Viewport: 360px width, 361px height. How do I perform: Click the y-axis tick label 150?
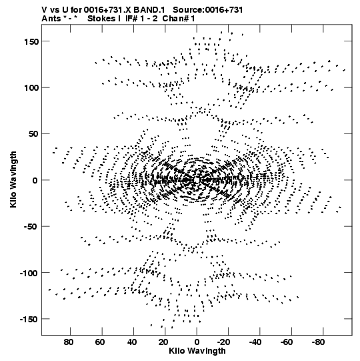coord(31,42)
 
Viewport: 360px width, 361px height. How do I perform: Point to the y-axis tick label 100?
coord(31,88)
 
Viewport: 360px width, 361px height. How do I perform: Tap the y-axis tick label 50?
coord(33,134)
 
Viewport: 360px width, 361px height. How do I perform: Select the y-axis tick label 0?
coord(35,181)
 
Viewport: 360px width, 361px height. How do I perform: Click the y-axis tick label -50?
coord(31,227)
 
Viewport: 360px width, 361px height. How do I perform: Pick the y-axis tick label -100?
coord(29,274)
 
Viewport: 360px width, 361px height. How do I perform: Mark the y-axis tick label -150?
coord(29,320)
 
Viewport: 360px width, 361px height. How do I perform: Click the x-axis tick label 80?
coord(69,342)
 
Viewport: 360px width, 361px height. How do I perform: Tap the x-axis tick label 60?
coord(100,342)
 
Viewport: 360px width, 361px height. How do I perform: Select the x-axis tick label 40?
coord(132,342)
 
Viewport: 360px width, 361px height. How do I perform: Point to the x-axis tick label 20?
coord(163,342)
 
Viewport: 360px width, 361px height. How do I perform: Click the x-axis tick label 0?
coord(197,342)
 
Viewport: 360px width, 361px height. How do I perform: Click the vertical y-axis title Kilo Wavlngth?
coord(13,179)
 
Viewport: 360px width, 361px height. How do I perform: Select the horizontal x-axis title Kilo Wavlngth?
coord(197,351)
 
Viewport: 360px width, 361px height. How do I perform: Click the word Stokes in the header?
coord(101,19)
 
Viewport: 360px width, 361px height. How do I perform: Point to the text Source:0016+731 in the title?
coord(208,10)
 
